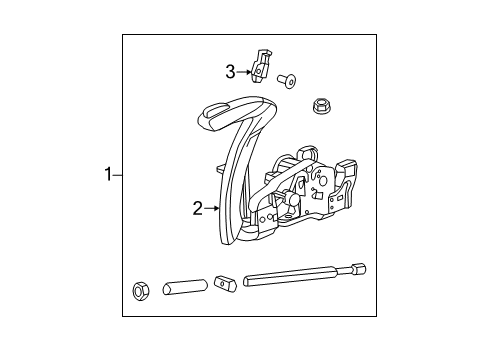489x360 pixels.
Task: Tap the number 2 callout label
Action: tap(198, 208)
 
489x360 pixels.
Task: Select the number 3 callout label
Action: tap(229, 71)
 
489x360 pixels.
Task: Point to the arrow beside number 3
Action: tap(243, 71)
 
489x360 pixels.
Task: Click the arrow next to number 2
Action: tap(211, 208)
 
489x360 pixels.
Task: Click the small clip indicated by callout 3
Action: tap(260, 65)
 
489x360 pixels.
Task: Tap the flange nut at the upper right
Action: tap(322, 103)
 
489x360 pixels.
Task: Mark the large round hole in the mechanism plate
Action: tap(321, 186)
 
